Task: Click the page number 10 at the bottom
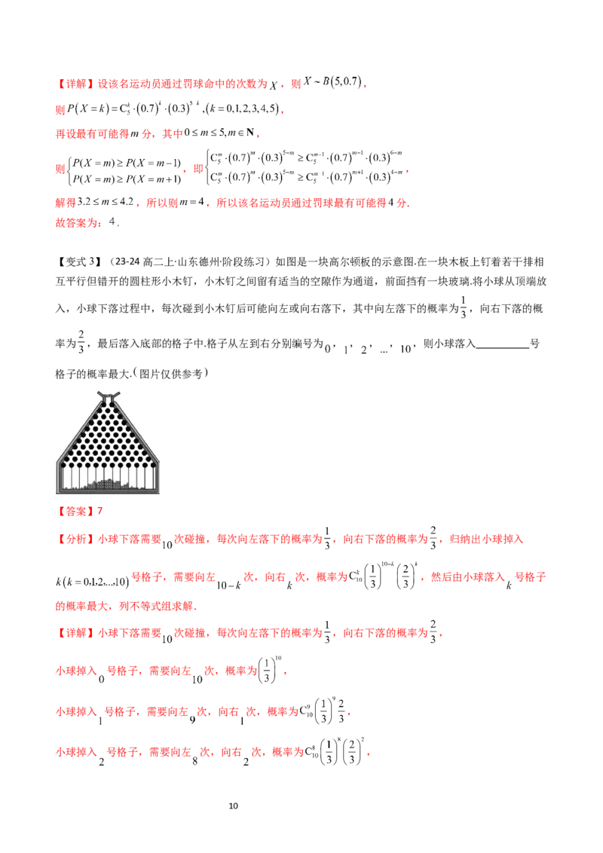(234, 806)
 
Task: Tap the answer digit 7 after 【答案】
(99, 512)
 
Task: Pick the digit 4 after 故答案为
(112, 222)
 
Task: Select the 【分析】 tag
(75, 539)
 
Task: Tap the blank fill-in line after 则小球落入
(502, 347)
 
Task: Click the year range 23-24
(128, 261)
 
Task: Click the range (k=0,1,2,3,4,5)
(243, 109)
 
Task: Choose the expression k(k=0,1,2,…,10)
(92, 582)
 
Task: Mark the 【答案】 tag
(75, 512)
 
